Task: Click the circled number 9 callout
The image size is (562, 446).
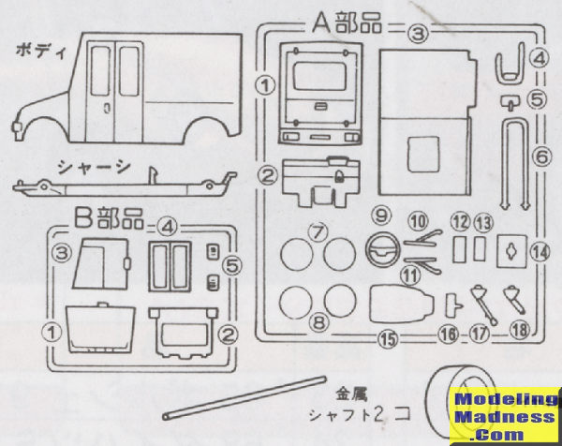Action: tap(381, 216)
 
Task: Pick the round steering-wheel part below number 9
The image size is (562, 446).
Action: tap(384, 252)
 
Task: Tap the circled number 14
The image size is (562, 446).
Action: tap(540, 251)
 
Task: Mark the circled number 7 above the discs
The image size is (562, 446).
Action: tap(318, 230)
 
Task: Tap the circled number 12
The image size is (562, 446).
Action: tap(458, 222)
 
